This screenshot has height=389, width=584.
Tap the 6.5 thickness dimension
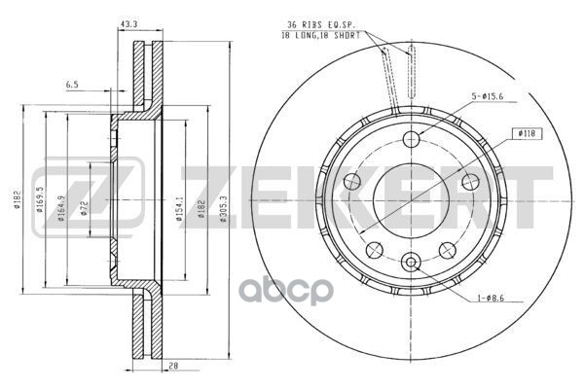pos(71,85)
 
